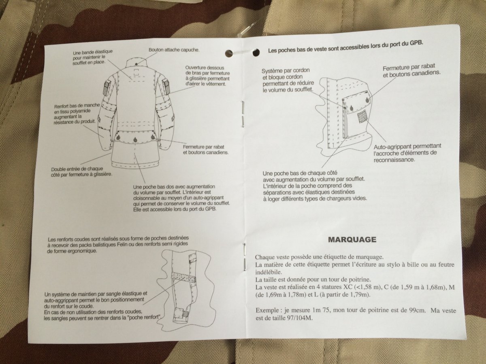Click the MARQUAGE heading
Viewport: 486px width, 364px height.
point(352,239)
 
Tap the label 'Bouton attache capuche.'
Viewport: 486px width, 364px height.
point(174,50)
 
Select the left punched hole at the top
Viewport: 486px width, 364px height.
point(229,53)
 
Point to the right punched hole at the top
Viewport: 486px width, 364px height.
point(256,53)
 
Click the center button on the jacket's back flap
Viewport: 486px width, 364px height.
point(135,140)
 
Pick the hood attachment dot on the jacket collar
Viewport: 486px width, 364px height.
point(136,64)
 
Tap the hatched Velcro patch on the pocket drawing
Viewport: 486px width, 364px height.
point(362,117)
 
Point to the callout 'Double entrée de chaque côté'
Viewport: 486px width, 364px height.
point(81,172)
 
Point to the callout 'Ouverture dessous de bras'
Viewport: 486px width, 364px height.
point(207,76)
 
